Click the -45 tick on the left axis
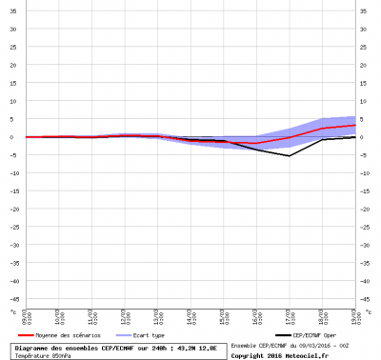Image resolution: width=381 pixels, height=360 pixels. pyautogui.click(x=11, y=299)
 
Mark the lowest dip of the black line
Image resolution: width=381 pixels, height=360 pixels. pyautogui.click(x=289, y=155)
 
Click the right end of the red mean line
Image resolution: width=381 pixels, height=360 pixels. pyautogui.click(x=354, y=125)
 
